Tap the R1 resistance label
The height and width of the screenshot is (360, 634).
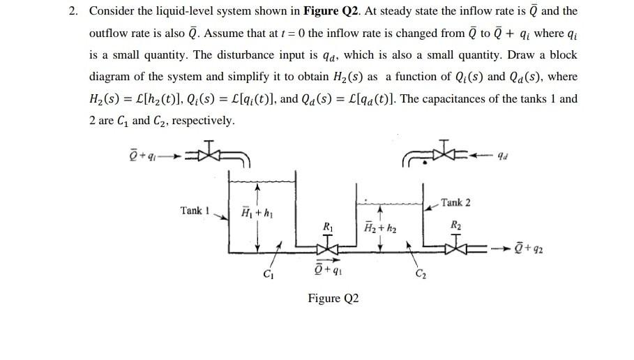point(328,226)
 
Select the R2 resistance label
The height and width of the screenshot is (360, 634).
point(456,225)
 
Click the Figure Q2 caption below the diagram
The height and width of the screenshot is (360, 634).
point(333,299)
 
